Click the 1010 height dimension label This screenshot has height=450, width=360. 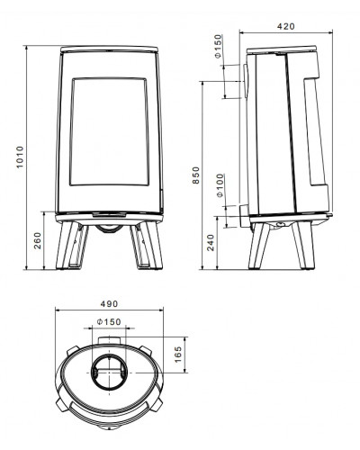point(20,157)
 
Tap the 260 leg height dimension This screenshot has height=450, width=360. point(38,240)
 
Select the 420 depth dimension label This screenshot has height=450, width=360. point(286,26)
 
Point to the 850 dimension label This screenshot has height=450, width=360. point(195,175)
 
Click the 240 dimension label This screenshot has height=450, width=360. point(211,242)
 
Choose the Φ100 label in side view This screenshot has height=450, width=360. point(220,185)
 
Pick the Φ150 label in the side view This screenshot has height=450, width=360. point(219,46)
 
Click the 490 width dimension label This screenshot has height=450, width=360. point(109,304)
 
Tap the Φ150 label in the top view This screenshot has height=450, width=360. point(109,322)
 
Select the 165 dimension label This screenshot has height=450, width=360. point(178,355)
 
